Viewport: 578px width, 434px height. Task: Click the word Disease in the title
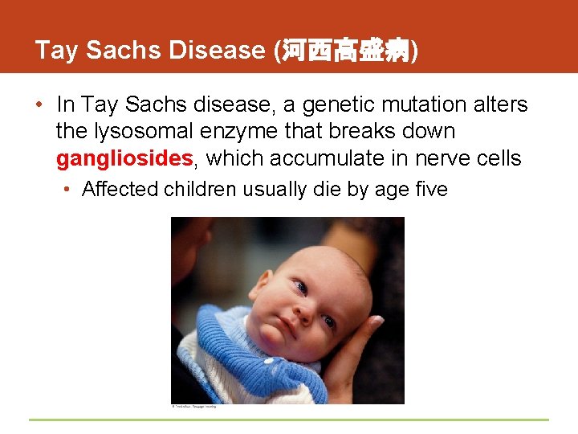coord(217,50)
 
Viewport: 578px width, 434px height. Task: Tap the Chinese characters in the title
coord(345,51)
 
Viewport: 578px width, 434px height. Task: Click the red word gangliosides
coord(124,158)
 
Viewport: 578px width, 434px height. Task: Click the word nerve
coord(443,158)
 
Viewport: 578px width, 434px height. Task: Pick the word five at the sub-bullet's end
coord(427,190)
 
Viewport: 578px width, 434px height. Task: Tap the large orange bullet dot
coord(39,105)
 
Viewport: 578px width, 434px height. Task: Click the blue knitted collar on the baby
coord(241,354)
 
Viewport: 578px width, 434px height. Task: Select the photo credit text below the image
coord(193,407)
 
